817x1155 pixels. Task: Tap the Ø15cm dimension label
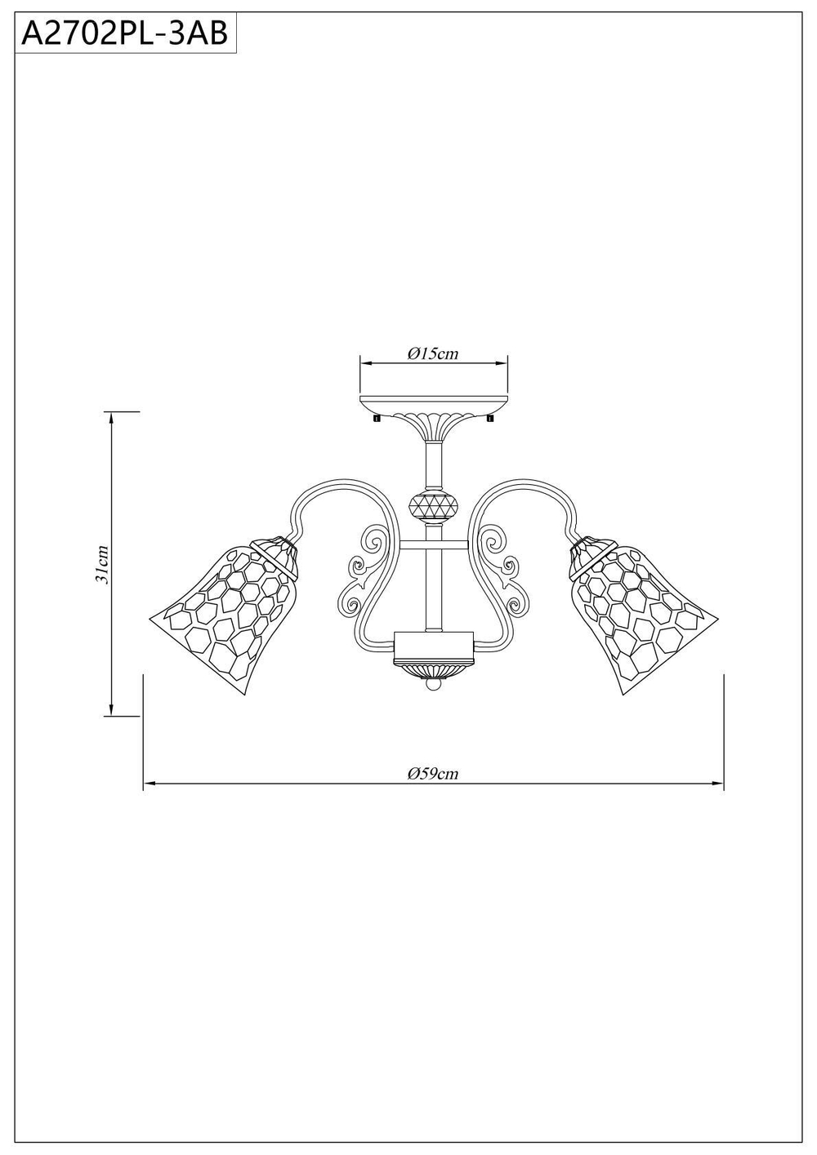(433, 353)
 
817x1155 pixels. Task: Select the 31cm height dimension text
(102, 564)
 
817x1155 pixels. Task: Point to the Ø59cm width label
(433, 773)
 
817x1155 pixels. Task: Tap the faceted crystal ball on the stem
(433, 506)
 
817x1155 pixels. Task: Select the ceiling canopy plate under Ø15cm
(434, 404)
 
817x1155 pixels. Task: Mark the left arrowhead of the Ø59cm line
(149, 784)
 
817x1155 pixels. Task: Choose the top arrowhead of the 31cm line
(110, 415)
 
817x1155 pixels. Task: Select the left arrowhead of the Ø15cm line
(365, 363)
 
